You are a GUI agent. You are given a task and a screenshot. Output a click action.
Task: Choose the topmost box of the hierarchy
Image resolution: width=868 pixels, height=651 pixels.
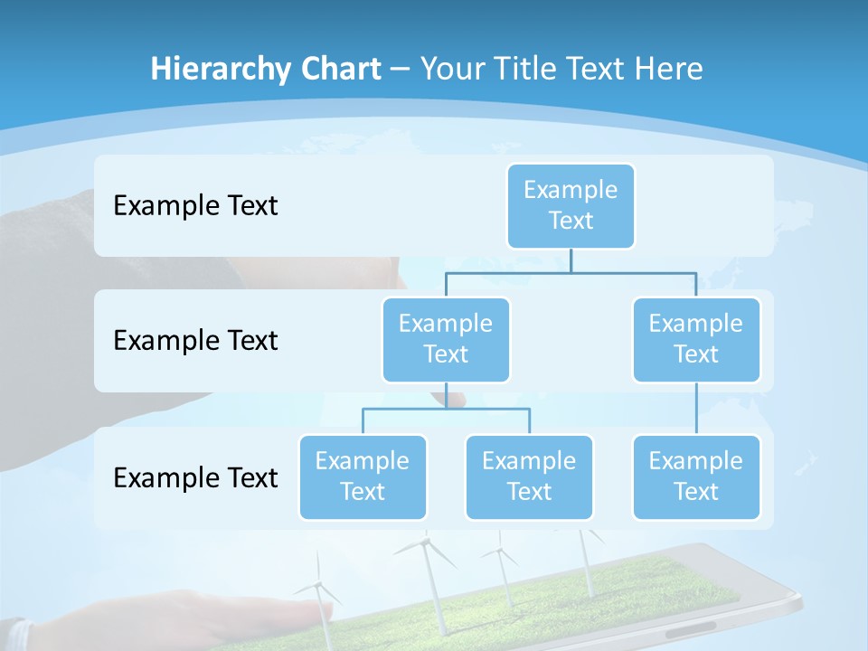coord(571,205)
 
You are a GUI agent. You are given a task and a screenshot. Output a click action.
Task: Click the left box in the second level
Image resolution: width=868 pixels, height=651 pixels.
coord(446,339)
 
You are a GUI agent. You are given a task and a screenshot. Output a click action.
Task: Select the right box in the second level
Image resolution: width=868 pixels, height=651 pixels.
coord(696,339)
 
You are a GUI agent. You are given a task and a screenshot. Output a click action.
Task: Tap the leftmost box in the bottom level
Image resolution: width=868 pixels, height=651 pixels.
coord(363,476)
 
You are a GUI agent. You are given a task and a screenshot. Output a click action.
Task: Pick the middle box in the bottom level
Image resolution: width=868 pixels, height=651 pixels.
coord(529,476)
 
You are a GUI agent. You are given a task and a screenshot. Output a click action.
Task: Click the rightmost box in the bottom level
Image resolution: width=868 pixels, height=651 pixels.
coord(696,476)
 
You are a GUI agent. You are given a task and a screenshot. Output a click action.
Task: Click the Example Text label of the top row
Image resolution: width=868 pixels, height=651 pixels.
coord(195,206)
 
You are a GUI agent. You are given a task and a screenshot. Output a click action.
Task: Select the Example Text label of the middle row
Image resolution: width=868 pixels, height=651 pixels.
coord(195,341)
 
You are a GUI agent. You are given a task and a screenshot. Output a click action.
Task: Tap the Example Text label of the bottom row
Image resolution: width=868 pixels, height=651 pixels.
coord(195,477)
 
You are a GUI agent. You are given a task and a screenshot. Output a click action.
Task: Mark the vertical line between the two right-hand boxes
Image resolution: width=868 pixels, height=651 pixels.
coord(696,408)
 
